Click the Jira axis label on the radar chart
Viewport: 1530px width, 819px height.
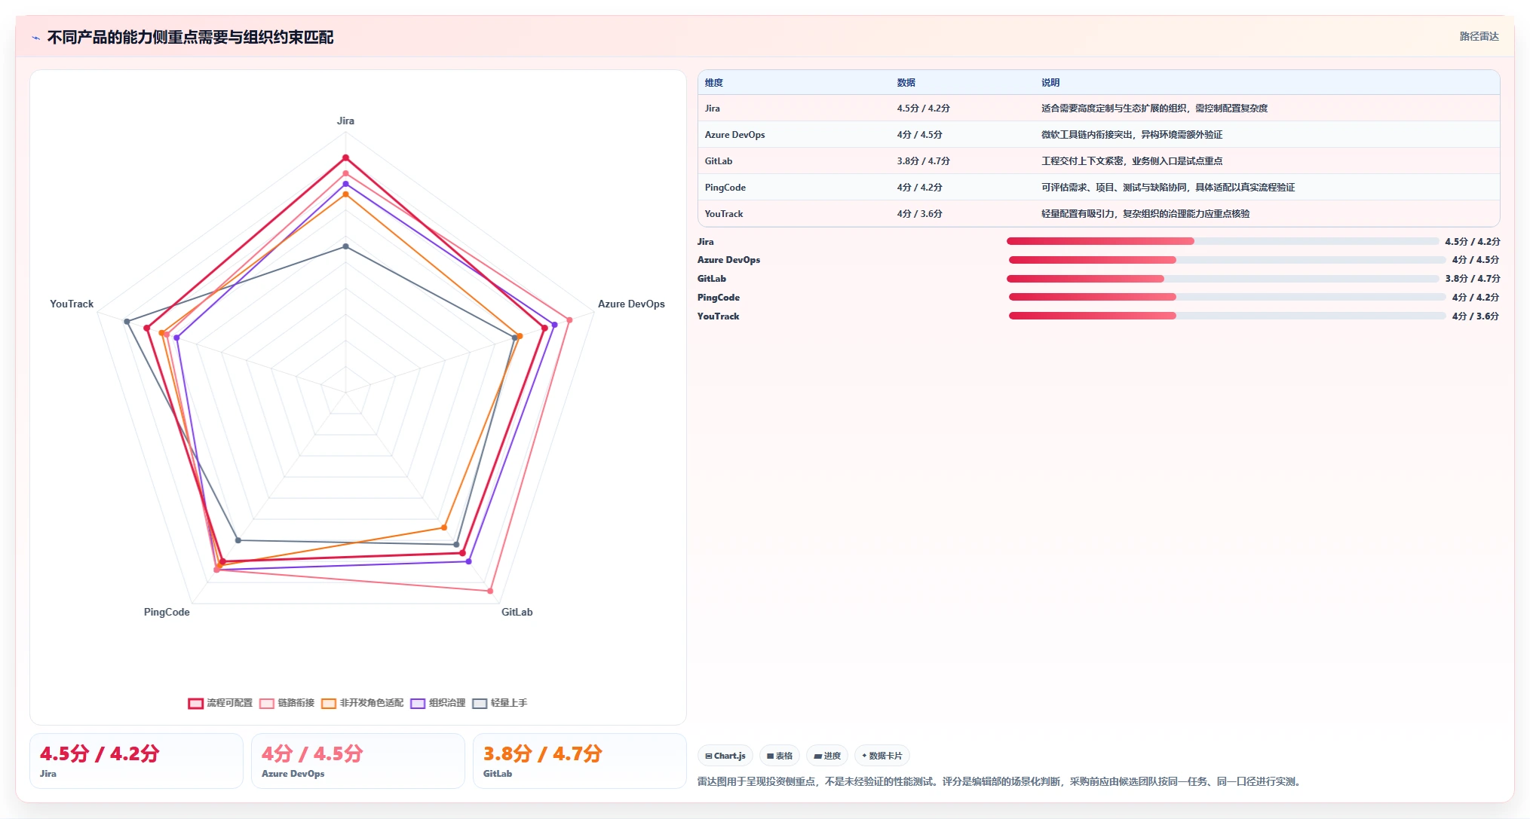tap(345, 121)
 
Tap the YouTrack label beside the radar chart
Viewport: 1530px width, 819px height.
tap(72, 304)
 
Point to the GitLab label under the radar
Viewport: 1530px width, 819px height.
tap(517, 612)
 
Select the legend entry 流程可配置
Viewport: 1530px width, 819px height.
tap(220, 703)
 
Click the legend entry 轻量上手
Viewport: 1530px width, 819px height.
tap(500, 703)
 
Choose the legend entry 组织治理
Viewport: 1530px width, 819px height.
tap(438, 703)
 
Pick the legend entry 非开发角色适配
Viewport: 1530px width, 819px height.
tap(363, 703)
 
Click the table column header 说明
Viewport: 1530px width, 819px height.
tap(1050, 83)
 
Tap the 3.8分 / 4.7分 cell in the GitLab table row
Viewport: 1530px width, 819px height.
tap(923, 161)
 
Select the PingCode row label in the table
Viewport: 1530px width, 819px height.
tap(725, 188)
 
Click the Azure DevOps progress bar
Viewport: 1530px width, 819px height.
tap(1227, 260)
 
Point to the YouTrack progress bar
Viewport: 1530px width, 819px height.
tap(1227, 316)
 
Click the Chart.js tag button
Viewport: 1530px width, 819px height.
tap(725, 756)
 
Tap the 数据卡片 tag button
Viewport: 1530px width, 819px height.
tap(882, 756)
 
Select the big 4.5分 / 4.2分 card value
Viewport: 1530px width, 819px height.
tap(100, 753)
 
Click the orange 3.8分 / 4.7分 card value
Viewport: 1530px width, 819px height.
tap(543, 753)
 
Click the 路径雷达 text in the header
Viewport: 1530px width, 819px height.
tap(1479, 36)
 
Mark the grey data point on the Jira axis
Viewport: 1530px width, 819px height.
tap(345, 246)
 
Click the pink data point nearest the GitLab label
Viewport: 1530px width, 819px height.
tap(490, 591)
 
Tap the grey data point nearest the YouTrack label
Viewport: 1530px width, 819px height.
tap(127, 322)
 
